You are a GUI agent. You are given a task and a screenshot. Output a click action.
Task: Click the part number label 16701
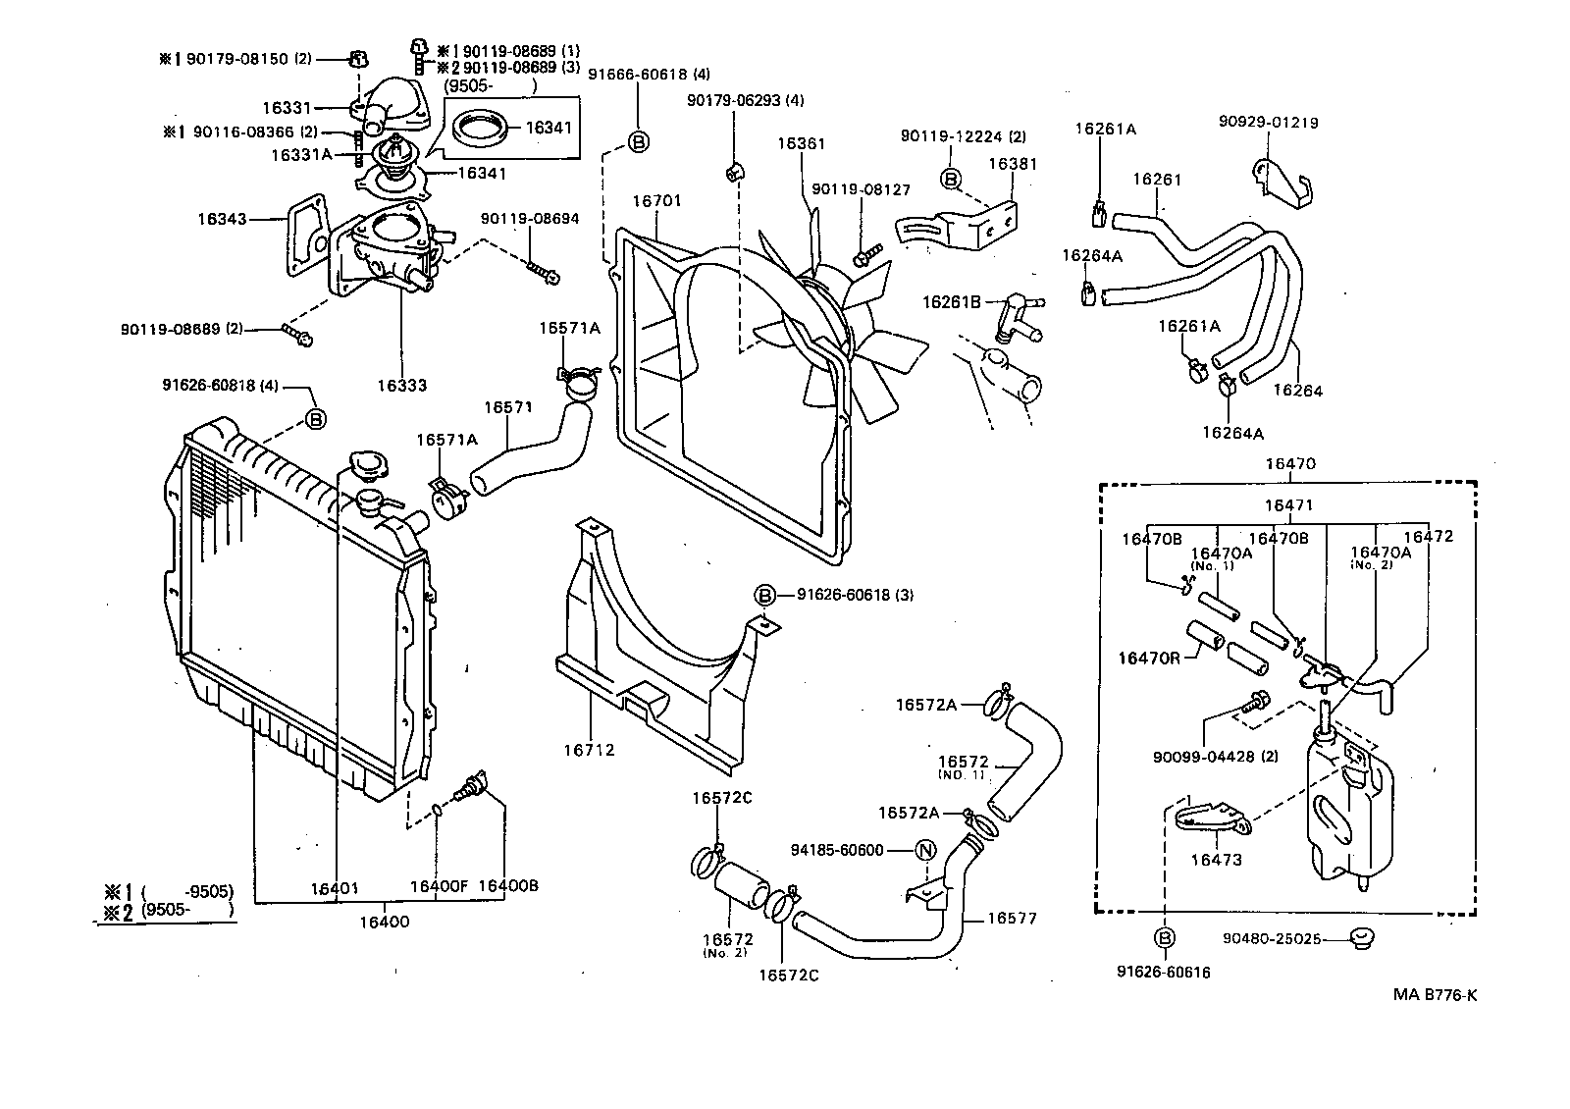656,201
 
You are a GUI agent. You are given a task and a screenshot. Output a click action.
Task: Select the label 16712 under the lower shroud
589,751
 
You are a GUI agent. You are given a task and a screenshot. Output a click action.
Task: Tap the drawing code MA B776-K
1435,995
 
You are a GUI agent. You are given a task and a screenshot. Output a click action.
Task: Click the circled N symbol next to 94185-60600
925,850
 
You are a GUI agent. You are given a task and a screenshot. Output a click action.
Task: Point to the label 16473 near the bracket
1216,861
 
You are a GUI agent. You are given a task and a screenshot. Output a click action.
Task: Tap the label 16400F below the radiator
439,887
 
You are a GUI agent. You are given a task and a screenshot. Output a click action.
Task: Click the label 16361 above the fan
801,143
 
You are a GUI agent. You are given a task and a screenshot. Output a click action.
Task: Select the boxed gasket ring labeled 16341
485,128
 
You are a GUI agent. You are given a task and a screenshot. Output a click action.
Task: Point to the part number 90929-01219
1269,123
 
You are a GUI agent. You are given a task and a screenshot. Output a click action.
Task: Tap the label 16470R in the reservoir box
1149,658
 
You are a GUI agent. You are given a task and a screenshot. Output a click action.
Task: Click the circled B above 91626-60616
1164,938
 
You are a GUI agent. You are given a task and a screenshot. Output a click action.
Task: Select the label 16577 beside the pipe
1012,919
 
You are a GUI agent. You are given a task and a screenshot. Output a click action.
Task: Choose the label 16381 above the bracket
1012,165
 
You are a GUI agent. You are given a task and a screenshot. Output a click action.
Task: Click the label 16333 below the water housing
401,386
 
